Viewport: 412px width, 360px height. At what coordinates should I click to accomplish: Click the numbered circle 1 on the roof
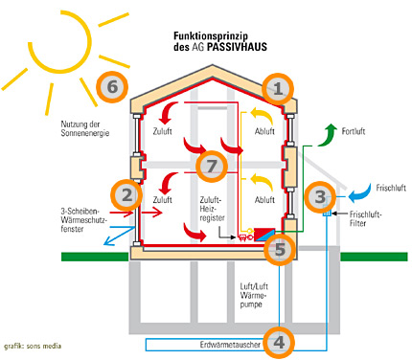click(278, 90)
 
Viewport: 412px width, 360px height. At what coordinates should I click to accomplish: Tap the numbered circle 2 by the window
click(125, 195)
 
